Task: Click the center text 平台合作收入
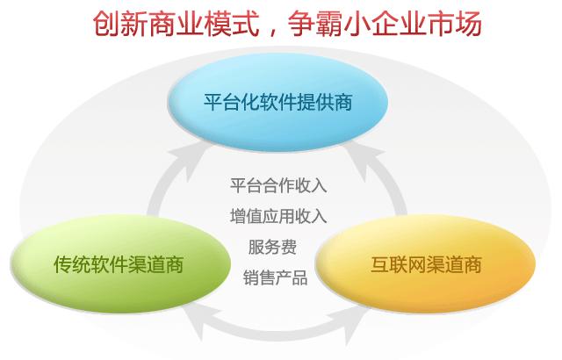pyautogui.click(x=277, y=185)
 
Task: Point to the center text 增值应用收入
pyautogui.click(x=277, y=216)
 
